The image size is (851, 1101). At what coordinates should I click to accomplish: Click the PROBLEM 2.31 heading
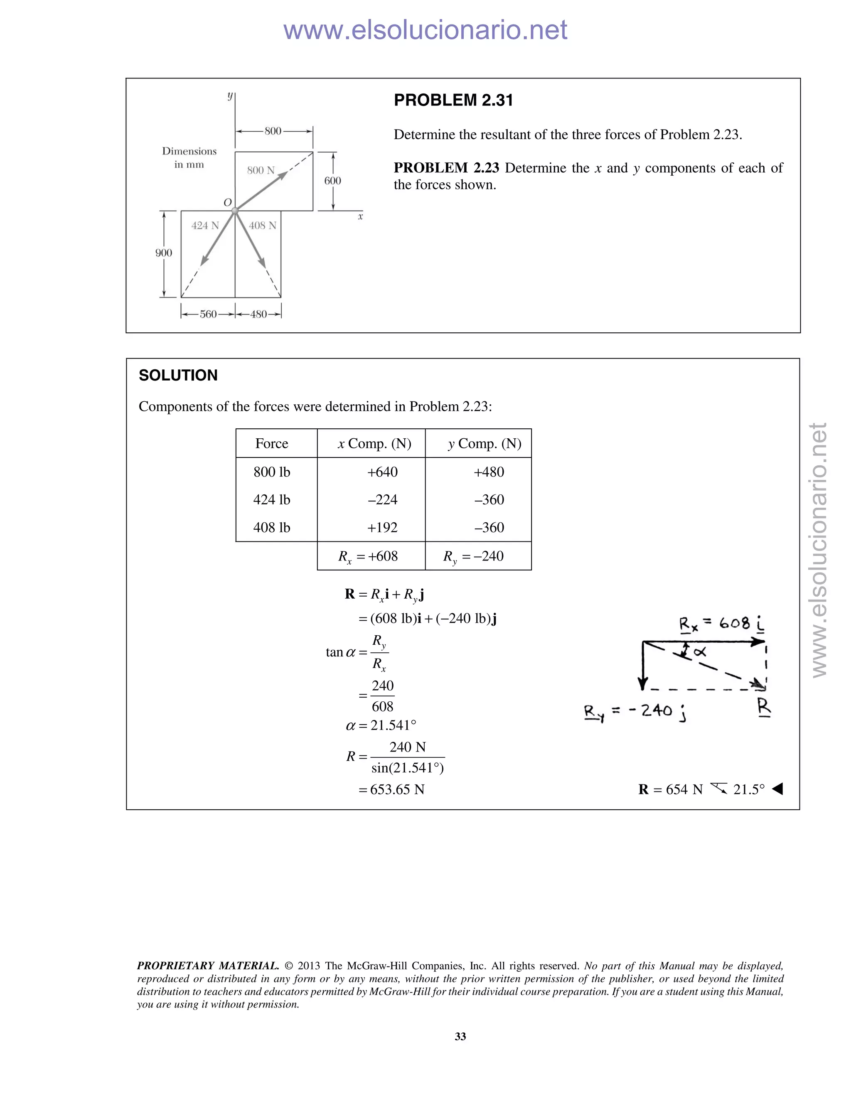[x=453, y=100]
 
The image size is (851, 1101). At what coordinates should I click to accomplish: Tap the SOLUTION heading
[x=178, y=376]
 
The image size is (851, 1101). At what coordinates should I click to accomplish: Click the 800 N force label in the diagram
[x=261, y=170]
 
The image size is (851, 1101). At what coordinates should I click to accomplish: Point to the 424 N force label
[x=205, y=226]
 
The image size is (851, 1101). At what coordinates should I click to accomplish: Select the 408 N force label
[x=263, y=226]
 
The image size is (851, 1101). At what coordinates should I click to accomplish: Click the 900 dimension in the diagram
[x=163, y=253]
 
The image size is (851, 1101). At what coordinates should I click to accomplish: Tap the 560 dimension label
[x=208, y=315]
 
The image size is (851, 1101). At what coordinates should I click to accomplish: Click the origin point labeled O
[x=234, y=211]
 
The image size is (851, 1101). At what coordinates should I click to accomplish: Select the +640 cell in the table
[x=382, y=472]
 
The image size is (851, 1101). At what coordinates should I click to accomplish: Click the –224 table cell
[x=382, y=500]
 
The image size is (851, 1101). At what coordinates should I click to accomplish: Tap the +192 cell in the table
[x=382, y=528]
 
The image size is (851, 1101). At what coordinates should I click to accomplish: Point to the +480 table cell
[x=489, y=472]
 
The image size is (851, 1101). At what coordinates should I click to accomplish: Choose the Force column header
[x=272, y=444]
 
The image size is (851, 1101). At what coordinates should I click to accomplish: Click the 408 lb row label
[x=272, y=528]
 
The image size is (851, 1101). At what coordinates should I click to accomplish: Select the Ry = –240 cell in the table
[x=473, y=557]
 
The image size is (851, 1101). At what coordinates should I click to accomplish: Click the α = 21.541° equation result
[x=381, y=725]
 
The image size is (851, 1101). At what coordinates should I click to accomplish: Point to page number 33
[x=460, y=1037]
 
